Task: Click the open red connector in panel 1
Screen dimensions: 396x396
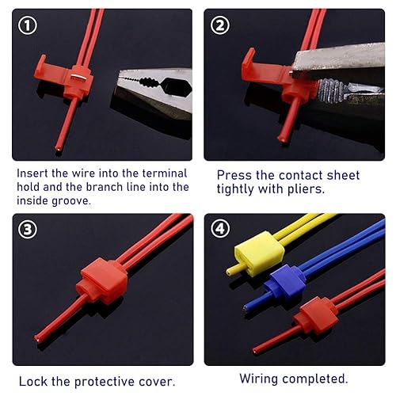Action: [x=71, y=75]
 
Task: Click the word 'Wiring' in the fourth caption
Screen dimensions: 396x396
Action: [x=258, y=379]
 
